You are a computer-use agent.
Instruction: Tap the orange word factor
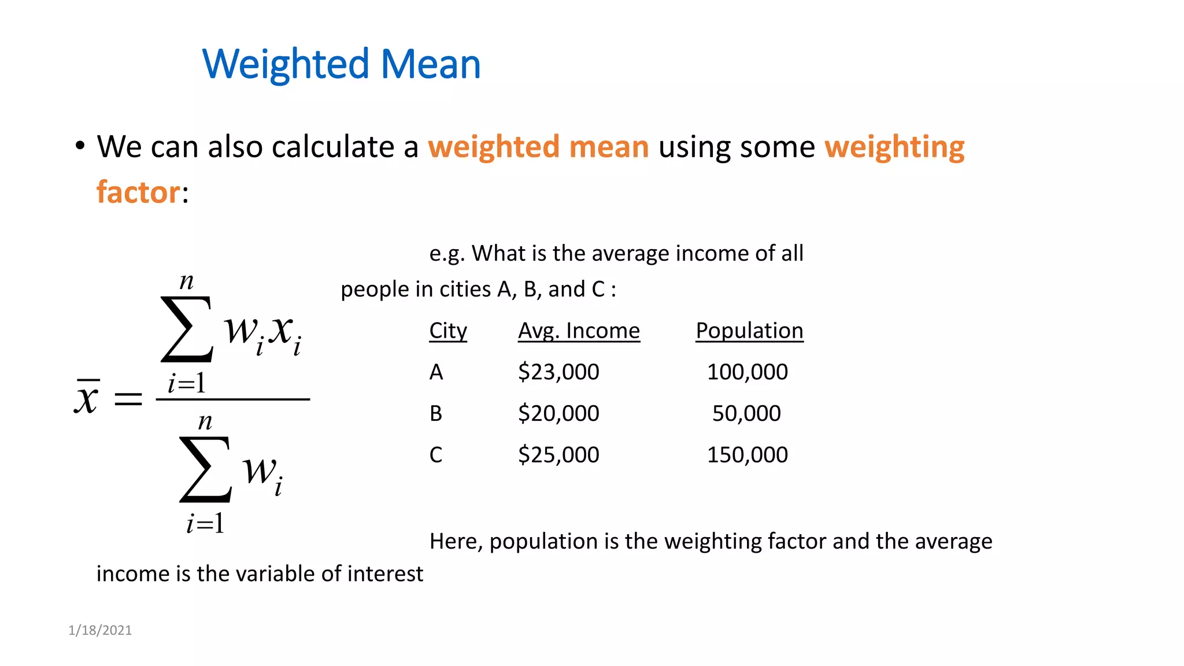[x=138, y=192]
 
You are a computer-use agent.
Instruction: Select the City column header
[x=448, y=331]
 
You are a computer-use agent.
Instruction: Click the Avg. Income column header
[x=579, y=331]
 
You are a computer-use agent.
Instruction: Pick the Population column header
[x=749, y=331]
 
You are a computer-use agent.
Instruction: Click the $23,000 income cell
[x=558, y=372]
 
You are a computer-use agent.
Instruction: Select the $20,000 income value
[x=558, y=413]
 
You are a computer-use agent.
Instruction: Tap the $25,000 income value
[x=558, y=455]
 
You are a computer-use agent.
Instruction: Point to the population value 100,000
[x=747, y=372]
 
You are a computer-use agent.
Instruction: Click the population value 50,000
[x=746, y=413]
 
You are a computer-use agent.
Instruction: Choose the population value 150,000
[x=747, y=455]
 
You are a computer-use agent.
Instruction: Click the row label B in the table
[x=436, y=413]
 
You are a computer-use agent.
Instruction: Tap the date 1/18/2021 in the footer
[x=100, y=630]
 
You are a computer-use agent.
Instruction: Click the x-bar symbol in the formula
[x=87, y=397]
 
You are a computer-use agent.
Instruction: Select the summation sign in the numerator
[x=187, y=330]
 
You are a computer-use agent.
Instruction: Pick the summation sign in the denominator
[x=205, y=469]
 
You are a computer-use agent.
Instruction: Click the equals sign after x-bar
[x=128, y=398]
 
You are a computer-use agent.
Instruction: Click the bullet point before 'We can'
[x=80, y=146]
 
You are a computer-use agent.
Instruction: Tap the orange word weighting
[x=894, y=147]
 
